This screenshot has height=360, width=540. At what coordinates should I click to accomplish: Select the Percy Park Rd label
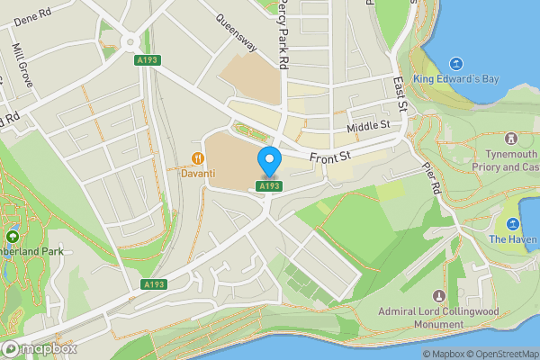(283, 34)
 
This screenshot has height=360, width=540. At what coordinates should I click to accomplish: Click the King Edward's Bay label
(456, 79)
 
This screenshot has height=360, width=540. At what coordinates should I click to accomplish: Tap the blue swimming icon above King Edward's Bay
(456, 63)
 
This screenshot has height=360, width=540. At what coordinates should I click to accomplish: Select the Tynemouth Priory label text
(509, 160)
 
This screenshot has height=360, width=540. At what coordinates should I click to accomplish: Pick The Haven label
(513, 239)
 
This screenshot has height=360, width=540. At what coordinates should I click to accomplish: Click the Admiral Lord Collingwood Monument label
(439, 317)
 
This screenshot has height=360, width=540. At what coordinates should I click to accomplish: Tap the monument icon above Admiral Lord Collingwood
(439, 296)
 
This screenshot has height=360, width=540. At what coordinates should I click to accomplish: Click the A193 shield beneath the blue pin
(267, 185)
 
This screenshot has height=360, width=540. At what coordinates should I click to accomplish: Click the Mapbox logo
(39, 348)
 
